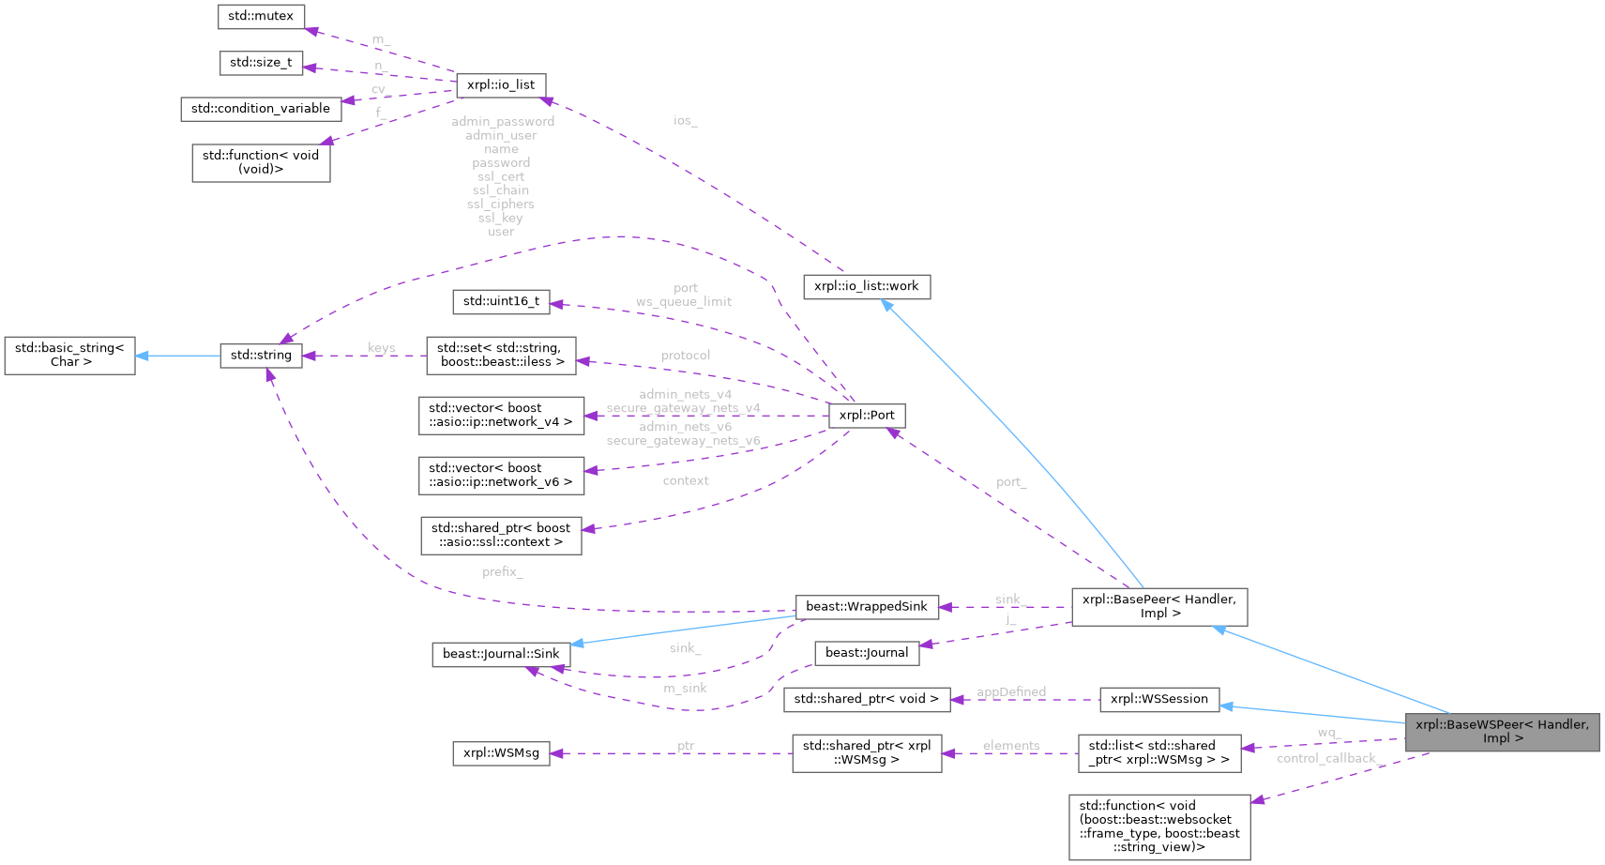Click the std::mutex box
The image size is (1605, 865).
[261, 16]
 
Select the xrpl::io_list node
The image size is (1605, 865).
[501, 84]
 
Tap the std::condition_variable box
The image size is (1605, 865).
[260, 109]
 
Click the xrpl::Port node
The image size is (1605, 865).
[867, 415]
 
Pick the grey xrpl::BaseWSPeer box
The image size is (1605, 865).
[1502, 732]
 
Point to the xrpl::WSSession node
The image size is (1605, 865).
[1158, 699]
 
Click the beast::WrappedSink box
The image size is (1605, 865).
[866, 606]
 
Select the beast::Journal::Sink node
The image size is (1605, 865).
[501, 654]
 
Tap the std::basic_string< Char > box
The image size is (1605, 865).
[69, 355]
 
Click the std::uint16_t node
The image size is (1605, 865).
[501, 301]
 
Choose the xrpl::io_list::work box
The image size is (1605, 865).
[866, 286]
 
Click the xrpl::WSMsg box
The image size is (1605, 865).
[501, 752]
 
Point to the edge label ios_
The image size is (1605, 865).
[685, 120]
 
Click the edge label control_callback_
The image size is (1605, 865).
[1326, 758]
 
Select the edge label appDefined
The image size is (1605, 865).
[1010, 691]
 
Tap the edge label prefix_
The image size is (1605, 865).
[502, 571]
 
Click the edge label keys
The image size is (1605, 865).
[381, 348]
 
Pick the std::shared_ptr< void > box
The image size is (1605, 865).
[866, 699]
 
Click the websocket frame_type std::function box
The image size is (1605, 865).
[1158, 827]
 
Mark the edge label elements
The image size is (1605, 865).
[1010, 746]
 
